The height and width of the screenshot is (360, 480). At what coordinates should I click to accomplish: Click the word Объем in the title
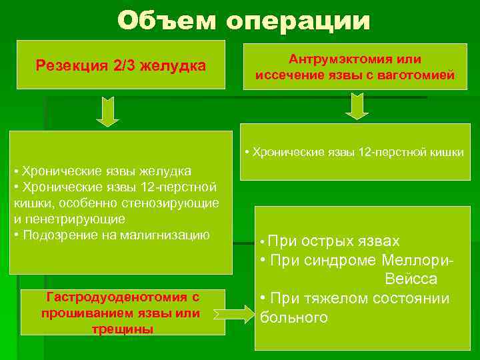[167, 21]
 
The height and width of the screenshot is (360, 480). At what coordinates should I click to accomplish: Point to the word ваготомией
[414, 75]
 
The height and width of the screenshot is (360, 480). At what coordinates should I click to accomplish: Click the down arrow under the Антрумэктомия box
[357, 106]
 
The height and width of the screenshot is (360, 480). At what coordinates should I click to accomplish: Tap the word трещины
[123, 329]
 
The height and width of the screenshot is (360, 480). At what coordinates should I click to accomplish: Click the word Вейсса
[411, 279]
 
